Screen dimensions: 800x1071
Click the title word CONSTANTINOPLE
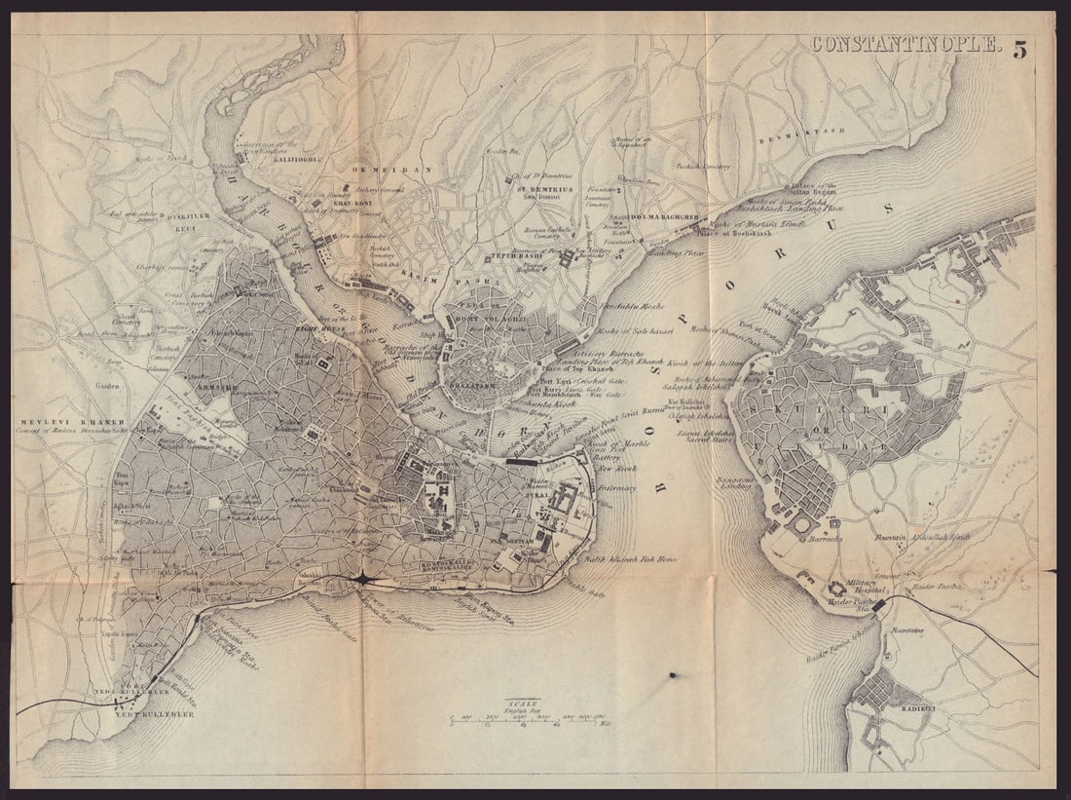click(905, 45)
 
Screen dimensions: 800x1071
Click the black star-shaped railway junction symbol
click(361, 579)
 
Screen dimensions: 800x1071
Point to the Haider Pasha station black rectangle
click(880, 605)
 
